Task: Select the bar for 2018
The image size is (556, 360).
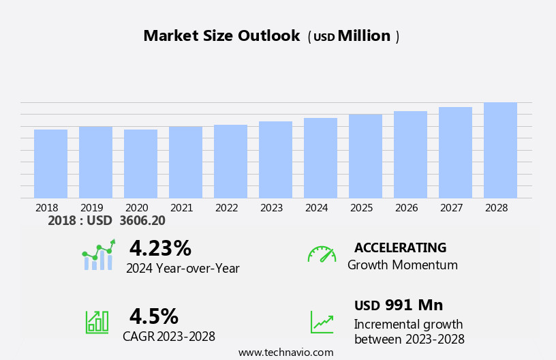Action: [50, 164]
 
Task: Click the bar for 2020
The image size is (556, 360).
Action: [140, 164]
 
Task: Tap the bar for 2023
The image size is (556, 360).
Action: [275, 160]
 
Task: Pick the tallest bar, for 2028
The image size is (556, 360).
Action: [500, 150]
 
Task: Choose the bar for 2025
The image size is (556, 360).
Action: [365, 156]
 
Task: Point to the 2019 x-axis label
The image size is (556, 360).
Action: [92, 207]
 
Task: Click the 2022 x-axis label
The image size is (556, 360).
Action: [227, 207]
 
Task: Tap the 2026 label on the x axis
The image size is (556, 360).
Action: [407, 207]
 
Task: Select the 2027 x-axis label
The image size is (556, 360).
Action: [452, 207]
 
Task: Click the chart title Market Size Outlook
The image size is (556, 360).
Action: [221, 36]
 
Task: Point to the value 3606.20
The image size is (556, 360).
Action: [142, 221]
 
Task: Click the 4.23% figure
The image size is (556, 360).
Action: [160, 248]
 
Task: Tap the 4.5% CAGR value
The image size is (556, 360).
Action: [154, 316]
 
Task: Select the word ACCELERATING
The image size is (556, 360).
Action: [401, 247]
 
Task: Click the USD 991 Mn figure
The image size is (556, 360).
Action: [399, 305]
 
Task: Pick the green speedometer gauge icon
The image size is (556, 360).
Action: [322, 254]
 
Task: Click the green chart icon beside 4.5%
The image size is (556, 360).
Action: [97, 321]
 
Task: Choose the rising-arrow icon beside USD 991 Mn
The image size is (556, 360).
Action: [322, 322]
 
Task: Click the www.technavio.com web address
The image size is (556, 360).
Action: [285, 352]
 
